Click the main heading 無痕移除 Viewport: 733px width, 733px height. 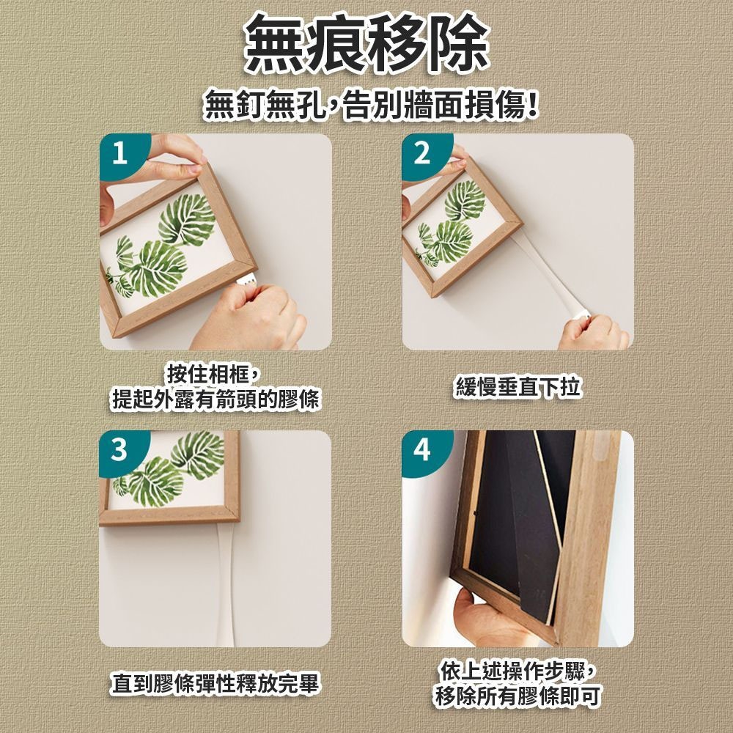(x=366, y=45)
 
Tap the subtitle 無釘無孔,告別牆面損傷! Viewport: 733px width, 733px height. (x=370, y=106)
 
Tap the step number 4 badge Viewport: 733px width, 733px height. (x=423, y=450)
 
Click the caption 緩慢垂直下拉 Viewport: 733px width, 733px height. (x=517, y=387)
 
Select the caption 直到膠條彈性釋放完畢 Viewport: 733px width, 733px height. (x=215, y=683)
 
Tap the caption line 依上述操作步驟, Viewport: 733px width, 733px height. (x=518, y=671)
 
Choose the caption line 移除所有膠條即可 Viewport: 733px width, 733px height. (x=517, y=696)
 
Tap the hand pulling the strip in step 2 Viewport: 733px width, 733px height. (x=594, y=332)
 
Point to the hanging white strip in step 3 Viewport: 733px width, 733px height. (x=225, y=584)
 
